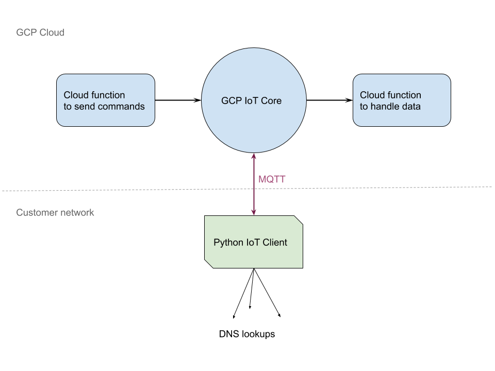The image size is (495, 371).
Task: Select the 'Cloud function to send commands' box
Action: (x=105, y=100)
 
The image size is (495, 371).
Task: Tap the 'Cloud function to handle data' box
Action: (x=402, y=100)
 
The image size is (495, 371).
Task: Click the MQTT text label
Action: (x=272, y=179)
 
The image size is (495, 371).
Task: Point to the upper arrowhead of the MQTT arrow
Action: (x=254, y=156)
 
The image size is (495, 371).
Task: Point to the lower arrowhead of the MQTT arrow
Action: (x=254, y=212)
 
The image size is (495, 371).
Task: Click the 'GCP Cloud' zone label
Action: (x=40, y=32)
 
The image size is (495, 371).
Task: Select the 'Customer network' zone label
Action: (x=55, y=212)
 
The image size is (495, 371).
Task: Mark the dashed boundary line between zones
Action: (x=129, y=190)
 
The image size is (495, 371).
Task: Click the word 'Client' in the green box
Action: (x=275, y=243)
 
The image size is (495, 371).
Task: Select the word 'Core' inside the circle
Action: (x=271, y=100)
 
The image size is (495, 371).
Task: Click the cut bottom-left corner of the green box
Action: (x=208, y=264)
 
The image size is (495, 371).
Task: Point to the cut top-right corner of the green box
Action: (x=299, y=220)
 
